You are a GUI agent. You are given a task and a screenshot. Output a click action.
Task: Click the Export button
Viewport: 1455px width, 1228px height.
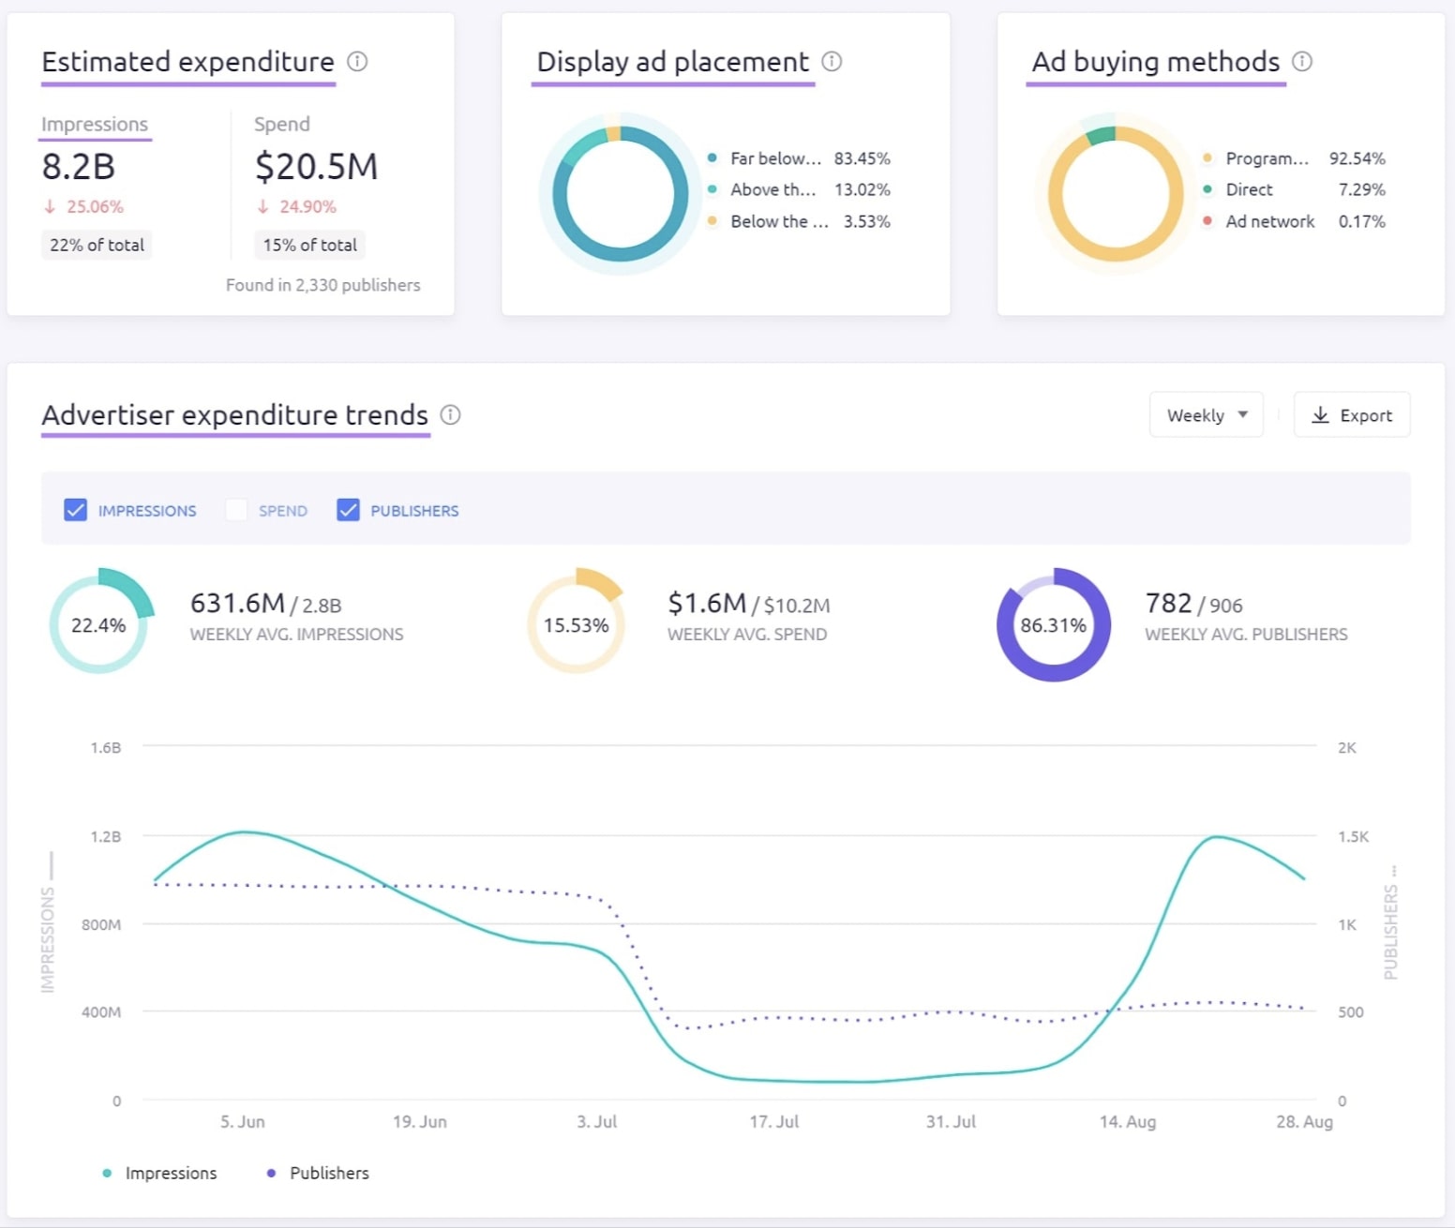click(x=1351, y=415)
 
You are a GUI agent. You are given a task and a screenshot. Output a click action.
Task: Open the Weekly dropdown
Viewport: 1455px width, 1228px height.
click(x=1206, y=415)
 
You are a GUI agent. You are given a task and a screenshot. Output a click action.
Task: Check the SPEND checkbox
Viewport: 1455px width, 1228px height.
click(x=236, y=510)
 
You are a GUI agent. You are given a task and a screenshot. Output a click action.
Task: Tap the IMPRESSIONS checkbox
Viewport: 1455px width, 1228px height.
click(x=76, y=510)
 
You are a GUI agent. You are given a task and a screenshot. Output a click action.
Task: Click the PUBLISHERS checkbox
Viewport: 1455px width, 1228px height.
click(x=348, y=510)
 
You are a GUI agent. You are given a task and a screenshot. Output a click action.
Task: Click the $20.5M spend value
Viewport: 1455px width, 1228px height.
click(x=316, y=167)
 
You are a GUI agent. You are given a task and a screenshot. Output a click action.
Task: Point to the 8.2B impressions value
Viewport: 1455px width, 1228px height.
click(x=79, y=167)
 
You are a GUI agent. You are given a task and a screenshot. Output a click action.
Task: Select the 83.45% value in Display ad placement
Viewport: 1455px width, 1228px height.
click(x=862, y=158)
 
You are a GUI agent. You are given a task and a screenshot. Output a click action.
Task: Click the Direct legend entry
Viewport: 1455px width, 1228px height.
click(x=1249, y=189)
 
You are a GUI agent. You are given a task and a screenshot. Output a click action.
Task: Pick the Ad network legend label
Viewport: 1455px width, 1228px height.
click(x=1269, y=221)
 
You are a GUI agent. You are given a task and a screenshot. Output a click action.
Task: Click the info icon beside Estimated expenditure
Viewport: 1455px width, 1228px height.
click(x=357, y=62)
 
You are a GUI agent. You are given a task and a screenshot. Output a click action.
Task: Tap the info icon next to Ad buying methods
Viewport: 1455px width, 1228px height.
click(x=1302, y=62)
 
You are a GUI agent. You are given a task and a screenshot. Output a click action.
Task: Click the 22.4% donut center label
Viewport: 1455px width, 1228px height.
click(x=98, y=625)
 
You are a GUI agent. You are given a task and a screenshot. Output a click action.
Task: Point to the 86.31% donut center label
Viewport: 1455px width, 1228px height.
click(x=1053, y=625)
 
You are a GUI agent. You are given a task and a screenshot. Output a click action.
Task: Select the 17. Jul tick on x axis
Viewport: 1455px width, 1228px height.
click(x=773, y=1121)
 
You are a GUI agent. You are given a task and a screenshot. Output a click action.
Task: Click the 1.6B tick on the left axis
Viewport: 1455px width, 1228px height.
click(x=106, y=748)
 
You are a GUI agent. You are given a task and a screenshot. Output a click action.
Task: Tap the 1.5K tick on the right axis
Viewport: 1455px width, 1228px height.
click(x=1353, y=836)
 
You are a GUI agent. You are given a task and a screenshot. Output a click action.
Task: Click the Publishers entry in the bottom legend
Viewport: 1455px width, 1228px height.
click(x=328, y=1173)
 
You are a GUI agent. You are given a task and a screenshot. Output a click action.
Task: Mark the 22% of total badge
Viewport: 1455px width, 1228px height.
click(x=97, y=245)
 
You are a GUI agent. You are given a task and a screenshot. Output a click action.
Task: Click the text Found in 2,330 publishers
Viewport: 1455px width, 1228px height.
click(x=322, y=285)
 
